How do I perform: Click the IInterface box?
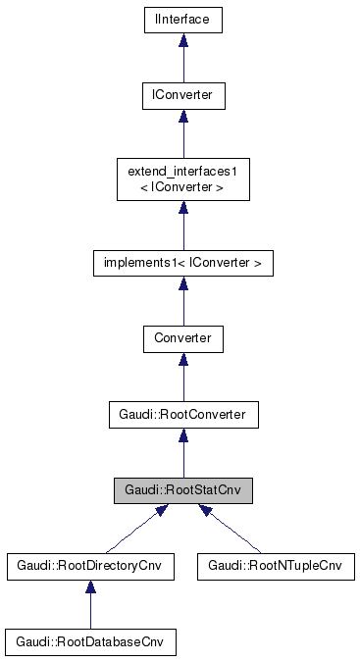coord(182,19)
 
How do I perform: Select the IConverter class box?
coord(182,95)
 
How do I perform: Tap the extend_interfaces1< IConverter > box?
coord(182,178)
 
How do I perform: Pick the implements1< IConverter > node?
coord(182,262)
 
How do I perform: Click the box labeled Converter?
coord(182,339)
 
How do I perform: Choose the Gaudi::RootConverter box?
coord(182,415)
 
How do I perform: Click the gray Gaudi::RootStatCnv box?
coord(182,491)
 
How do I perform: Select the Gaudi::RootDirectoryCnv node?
coord(90,567)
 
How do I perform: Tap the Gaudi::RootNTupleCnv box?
coord(275,567)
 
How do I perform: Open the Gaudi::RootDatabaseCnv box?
coord(90,642)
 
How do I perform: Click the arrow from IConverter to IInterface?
coord(182,61)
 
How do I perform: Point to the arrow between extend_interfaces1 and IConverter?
coord(182,137)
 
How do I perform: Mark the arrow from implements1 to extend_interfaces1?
coord(182,225)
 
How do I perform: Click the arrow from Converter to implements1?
coord(182,304)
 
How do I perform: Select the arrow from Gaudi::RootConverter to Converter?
coord(182,381)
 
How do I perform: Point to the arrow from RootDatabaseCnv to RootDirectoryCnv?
coord(90,608)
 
